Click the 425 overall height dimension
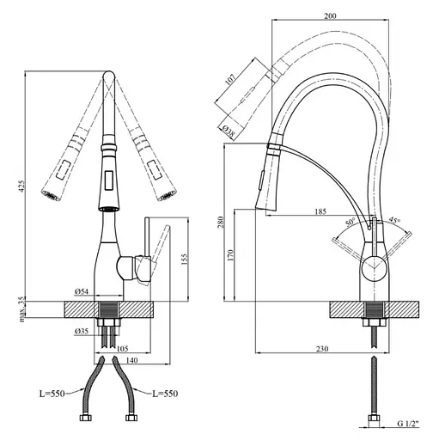click(22, 186)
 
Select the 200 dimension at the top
click(330, 15)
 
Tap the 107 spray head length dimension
click(230, 79)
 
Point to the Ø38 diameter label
click(229, 131)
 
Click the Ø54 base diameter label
click(82, 291)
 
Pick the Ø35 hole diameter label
click(82, 332)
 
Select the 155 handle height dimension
click(185, 260)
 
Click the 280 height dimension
click(221, 223)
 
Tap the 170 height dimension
click(231, 255)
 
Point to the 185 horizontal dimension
click(320, 211)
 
